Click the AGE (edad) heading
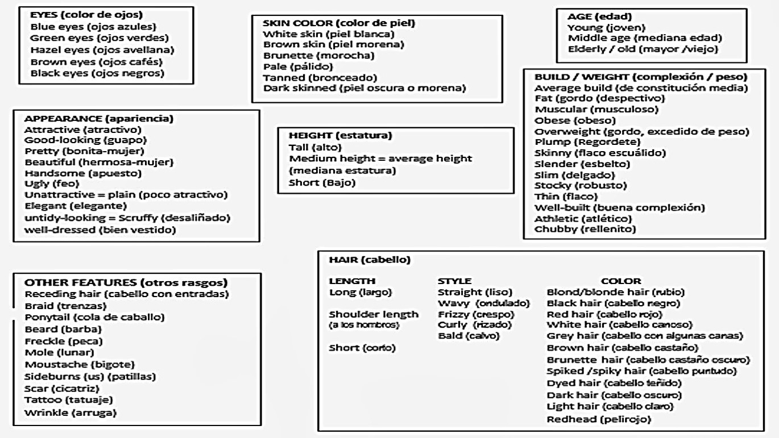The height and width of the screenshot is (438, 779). (600, 16)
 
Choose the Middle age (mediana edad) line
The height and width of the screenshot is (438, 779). (644, 38)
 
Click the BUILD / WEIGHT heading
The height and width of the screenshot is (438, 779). (640, 76)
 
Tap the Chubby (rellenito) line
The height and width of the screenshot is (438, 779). (585, 229)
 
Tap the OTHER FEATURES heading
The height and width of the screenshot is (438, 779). (126, 282)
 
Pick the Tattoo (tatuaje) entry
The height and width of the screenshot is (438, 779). (70, 400)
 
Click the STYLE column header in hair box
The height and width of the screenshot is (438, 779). (454, 281)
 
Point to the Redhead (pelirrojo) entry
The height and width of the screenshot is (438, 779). (598, 419)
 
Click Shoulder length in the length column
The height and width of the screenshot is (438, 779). (374, 314)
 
